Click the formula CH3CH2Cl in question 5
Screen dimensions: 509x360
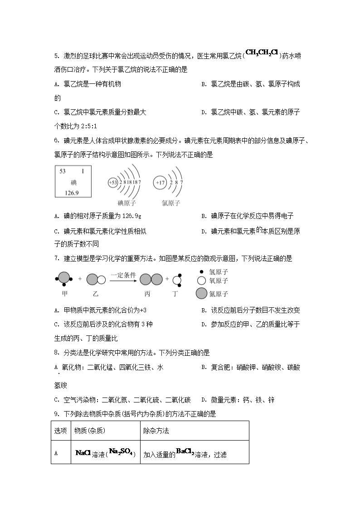pyautogui.click(x=261, y=53)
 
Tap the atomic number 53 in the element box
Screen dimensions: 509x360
pyautogui.click(x=63, y=171)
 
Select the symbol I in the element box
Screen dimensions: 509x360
pyautogui.click(x=83, y=171)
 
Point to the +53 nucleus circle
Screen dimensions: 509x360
pyautogui.click(x=113, y=183)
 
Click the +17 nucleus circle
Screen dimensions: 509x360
pyautogui.click(x=159, y=183)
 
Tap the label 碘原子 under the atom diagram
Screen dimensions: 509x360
pyautogui.click(x=127, y=203)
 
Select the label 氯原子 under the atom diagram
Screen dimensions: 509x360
pyautogui.click(x=171, y=203)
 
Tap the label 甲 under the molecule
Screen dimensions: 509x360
pyautogui.click(x=64, y=294)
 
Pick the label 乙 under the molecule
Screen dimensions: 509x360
pyautogui.click(x=96, y=294)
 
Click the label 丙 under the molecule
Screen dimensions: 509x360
pyautogui.click(x=147, y=294)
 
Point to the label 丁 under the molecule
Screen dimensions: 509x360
pyautogui.click(x=175, y=294)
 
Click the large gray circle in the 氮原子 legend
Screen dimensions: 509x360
pyautogui.click(x=201, y=294)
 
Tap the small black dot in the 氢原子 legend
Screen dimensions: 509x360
pyautogui.click(x=201, y=271)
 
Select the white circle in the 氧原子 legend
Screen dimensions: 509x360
pyautogui.click(x=201, y=281)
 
